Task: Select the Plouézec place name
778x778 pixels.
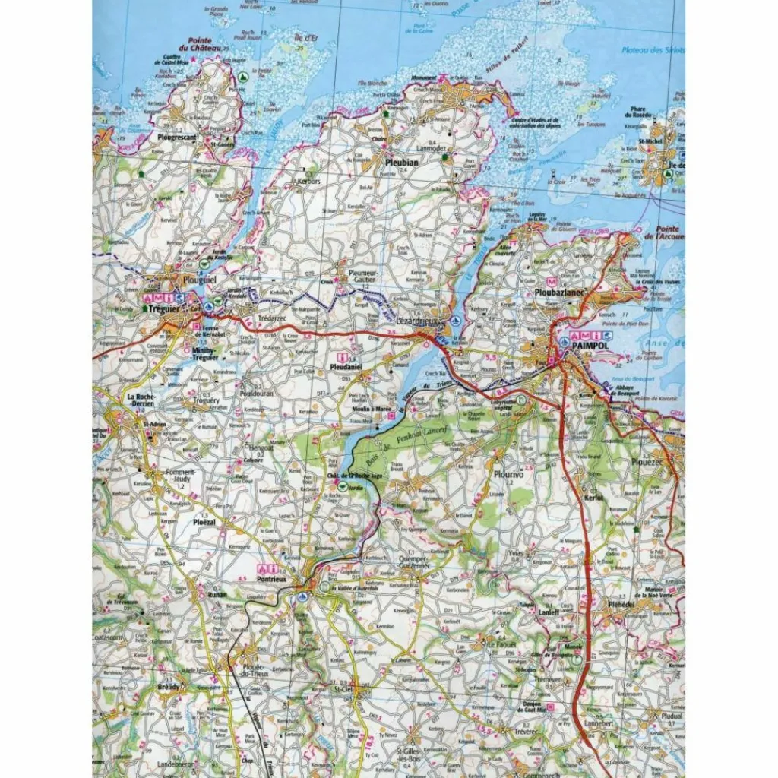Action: pyautogui.click(x=658, y=461)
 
